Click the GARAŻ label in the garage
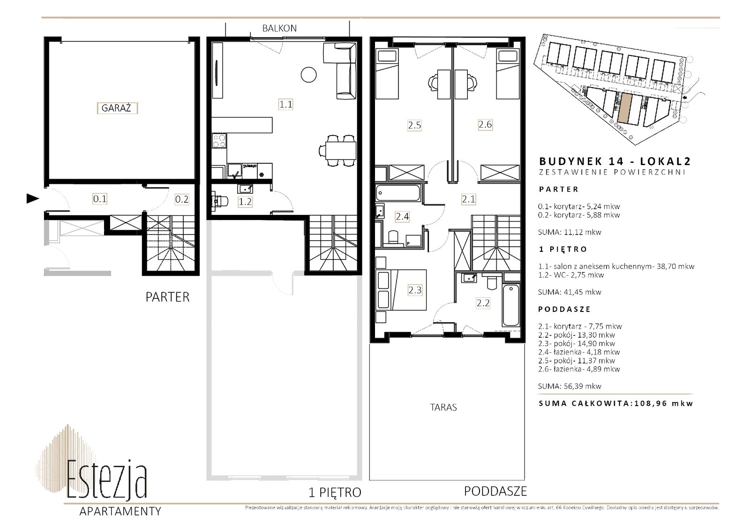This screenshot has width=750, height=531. [117, 108]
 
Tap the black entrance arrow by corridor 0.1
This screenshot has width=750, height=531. [33, 199]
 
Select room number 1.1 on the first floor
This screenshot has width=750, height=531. [285, 105]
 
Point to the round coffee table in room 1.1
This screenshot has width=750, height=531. [308, 75]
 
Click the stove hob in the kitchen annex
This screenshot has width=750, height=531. [219, 141]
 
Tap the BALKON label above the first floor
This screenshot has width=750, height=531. [279, 29]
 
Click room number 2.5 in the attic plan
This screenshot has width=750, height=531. [414, 125]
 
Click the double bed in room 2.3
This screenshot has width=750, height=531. [401, 289]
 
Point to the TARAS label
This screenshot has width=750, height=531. [443, 407]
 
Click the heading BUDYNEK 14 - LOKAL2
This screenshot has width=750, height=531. [615, 161]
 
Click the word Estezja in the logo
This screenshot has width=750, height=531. [107, 480]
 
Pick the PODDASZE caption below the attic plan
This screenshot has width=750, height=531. [495, 492]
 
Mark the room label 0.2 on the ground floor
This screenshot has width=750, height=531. [182, 199]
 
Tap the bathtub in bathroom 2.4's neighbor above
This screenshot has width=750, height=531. [398, 193]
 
